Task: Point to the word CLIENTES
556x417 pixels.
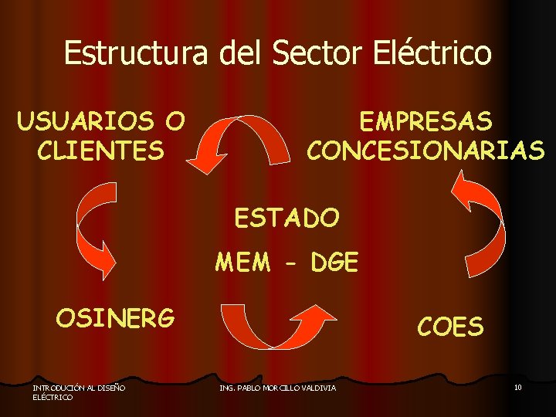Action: pos(100,149)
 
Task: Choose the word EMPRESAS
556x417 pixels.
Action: pos(425,121)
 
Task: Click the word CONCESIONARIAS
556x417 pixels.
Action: pos(425,149)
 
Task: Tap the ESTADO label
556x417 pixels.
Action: pos(286,219)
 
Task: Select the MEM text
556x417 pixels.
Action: pos(243,263)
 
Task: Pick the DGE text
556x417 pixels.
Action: pos(334,263)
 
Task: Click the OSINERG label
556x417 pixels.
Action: pos(115,317)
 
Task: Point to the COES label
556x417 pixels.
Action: pos(450,327)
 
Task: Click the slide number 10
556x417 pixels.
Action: pos(517,387)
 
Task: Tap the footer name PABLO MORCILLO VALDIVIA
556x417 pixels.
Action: pos(287,388)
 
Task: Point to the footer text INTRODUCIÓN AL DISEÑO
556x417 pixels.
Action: pos(80,387)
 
